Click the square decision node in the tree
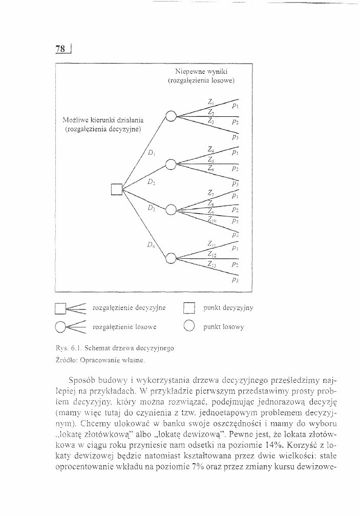(116, 190)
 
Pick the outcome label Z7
(211, 193)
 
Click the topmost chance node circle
(171, 116)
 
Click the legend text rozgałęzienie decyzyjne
(129, 308)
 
